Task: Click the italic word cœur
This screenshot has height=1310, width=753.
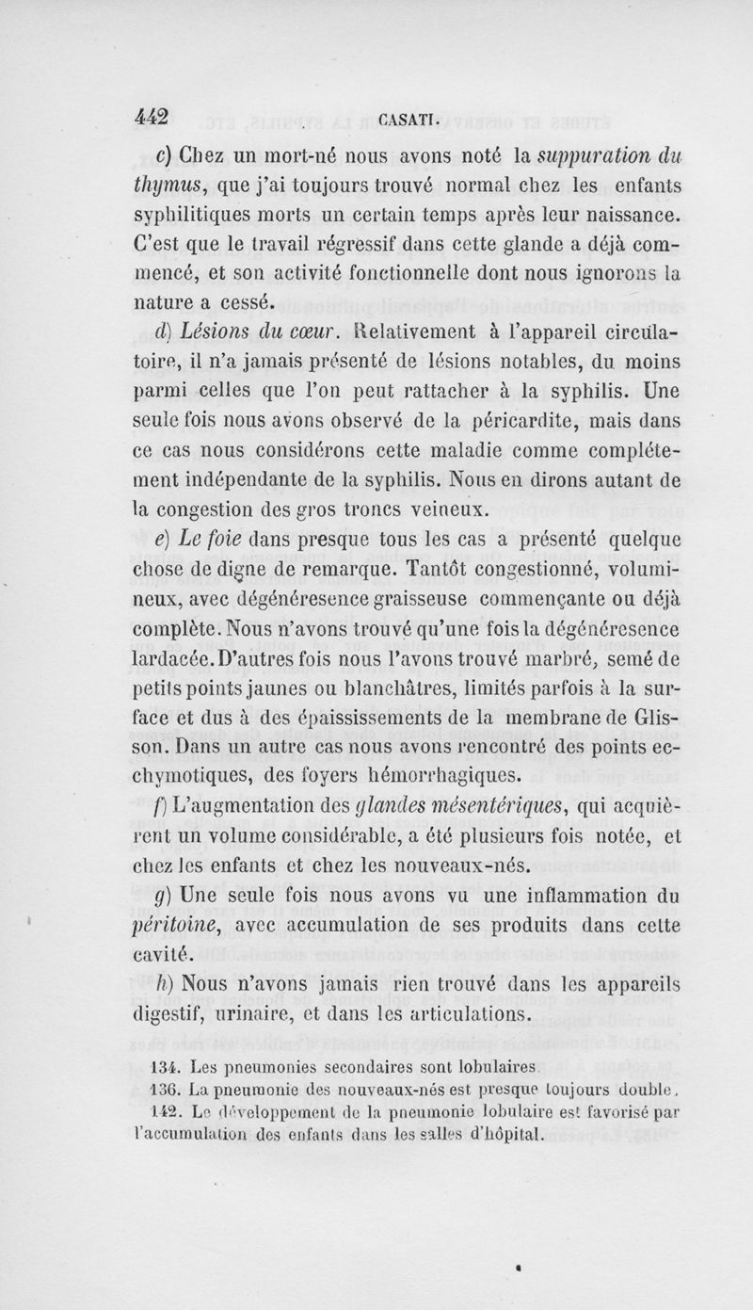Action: [x=314, y=333]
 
